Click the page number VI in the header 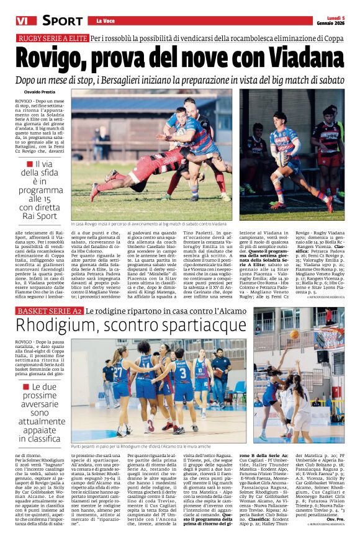click(24, 20)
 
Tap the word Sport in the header click(63, 21)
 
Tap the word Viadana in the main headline click(294, 58)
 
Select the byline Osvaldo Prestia click(41, 92)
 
